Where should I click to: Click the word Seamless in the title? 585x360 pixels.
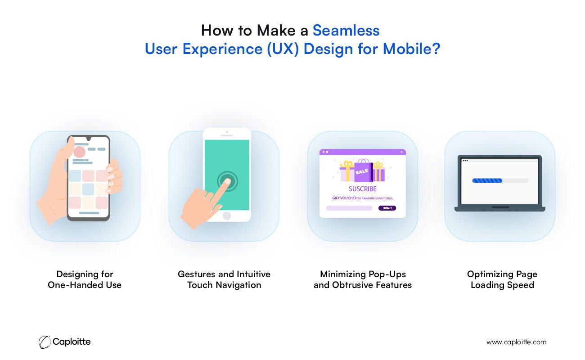coord(346,31)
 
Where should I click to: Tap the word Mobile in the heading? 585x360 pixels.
coord(407,49)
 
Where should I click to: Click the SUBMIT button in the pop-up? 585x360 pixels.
coord(387,208)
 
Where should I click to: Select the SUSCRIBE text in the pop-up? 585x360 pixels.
coord(363,189)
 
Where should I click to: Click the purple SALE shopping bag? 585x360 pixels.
coord(363,171)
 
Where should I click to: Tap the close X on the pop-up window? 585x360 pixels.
coord(401,152)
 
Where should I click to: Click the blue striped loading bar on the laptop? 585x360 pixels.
coord(487,180)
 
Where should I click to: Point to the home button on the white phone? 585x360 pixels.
coord(227,216)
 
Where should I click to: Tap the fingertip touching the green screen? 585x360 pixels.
coord(227,181)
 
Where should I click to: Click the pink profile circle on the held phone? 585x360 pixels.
coord(79,152)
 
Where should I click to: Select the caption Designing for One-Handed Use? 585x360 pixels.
coord(85,279)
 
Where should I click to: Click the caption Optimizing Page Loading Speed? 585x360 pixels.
coord(502,279)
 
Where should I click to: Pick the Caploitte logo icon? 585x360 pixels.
coord(45,342)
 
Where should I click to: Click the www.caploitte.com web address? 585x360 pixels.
coord(516,342)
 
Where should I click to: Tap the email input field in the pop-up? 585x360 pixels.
coord(349,208)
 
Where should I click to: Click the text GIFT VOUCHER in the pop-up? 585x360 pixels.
coord(344,198)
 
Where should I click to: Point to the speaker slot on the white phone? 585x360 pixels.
coord(227,135)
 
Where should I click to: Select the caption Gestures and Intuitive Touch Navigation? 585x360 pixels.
coord(224,279)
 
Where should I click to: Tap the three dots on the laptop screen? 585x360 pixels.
coord(465,160)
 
